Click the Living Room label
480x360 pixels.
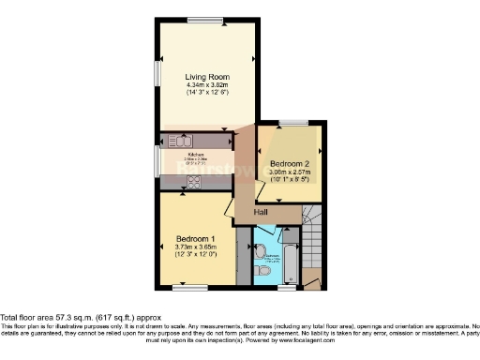(207, 77)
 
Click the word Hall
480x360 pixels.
(260, 212)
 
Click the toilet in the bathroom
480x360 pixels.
(262, 268)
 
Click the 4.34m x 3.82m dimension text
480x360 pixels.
(207, 87)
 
